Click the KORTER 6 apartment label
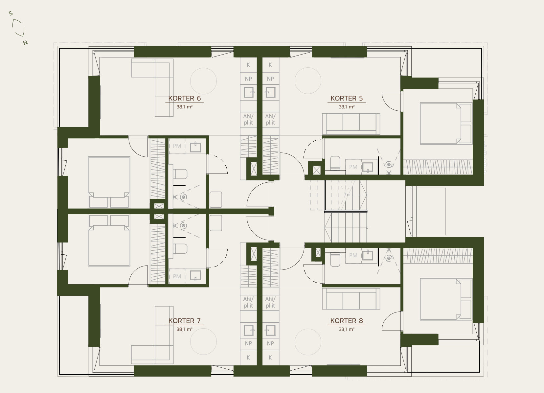pos(185,98)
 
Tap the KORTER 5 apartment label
pos(347,98)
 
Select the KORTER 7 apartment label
pos(185,321)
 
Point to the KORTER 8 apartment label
pos(347,321)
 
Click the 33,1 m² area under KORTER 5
pos(347,107)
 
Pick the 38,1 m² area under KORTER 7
pos(185,329)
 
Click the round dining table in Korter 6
pos(203,81)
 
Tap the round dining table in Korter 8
pos(308,342)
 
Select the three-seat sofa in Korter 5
pos(351,124)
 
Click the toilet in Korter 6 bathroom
pos(180,174)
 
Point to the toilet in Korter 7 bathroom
pos(180,249)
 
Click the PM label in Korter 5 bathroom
pos(353,167)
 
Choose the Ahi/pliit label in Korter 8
pos(270,302)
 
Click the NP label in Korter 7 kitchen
pos(248,343)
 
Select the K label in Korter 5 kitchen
pos(270,65)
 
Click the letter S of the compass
pos(11,13)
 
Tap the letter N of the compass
pos(25,43)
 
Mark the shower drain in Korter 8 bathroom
pos(389,258)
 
